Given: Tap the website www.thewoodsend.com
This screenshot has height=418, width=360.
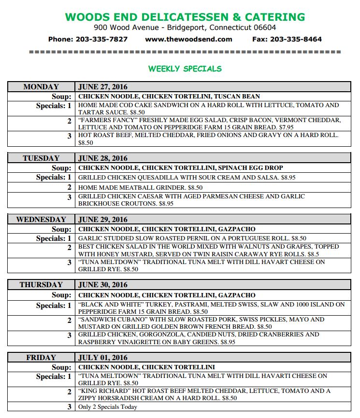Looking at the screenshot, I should tap(188, 39).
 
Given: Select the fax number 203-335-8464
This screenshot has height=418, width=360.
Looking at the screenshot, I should tap(296, 39).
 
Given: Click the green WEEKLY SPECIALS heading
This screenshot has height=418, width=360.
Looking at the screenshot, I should tap(185, 69).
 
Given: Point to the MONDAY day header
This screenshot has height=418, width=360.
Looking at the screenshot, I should tap(41, 87).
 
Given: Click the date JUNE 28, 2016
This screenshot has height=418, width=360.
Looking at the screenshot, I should tap(103, 158).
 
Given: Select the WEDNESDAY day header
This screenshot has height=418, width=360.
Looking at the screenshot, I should tap(41, 220).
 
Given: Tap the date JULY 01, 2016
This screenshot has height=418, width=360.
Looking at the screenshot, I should tap(103, 358).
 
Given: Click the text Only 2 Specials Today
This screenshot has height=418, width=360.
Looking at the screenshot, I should tap(108, 407).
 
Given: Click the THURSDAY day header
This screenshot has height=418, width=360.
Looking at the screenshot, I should tap(41, 285).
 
